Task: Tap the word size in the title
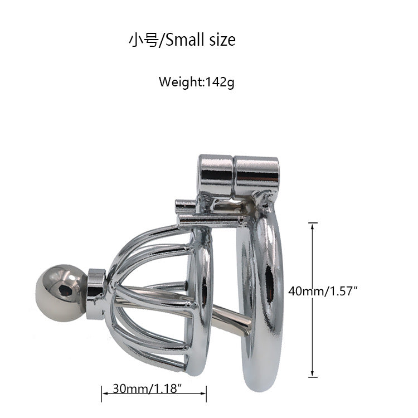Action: [222, 40]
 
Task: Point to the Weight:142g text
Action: [197, 82]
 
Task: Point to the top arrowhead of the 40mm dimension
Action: [313, 226]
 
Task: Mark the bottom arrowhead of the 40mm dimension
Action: [313, 373]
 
